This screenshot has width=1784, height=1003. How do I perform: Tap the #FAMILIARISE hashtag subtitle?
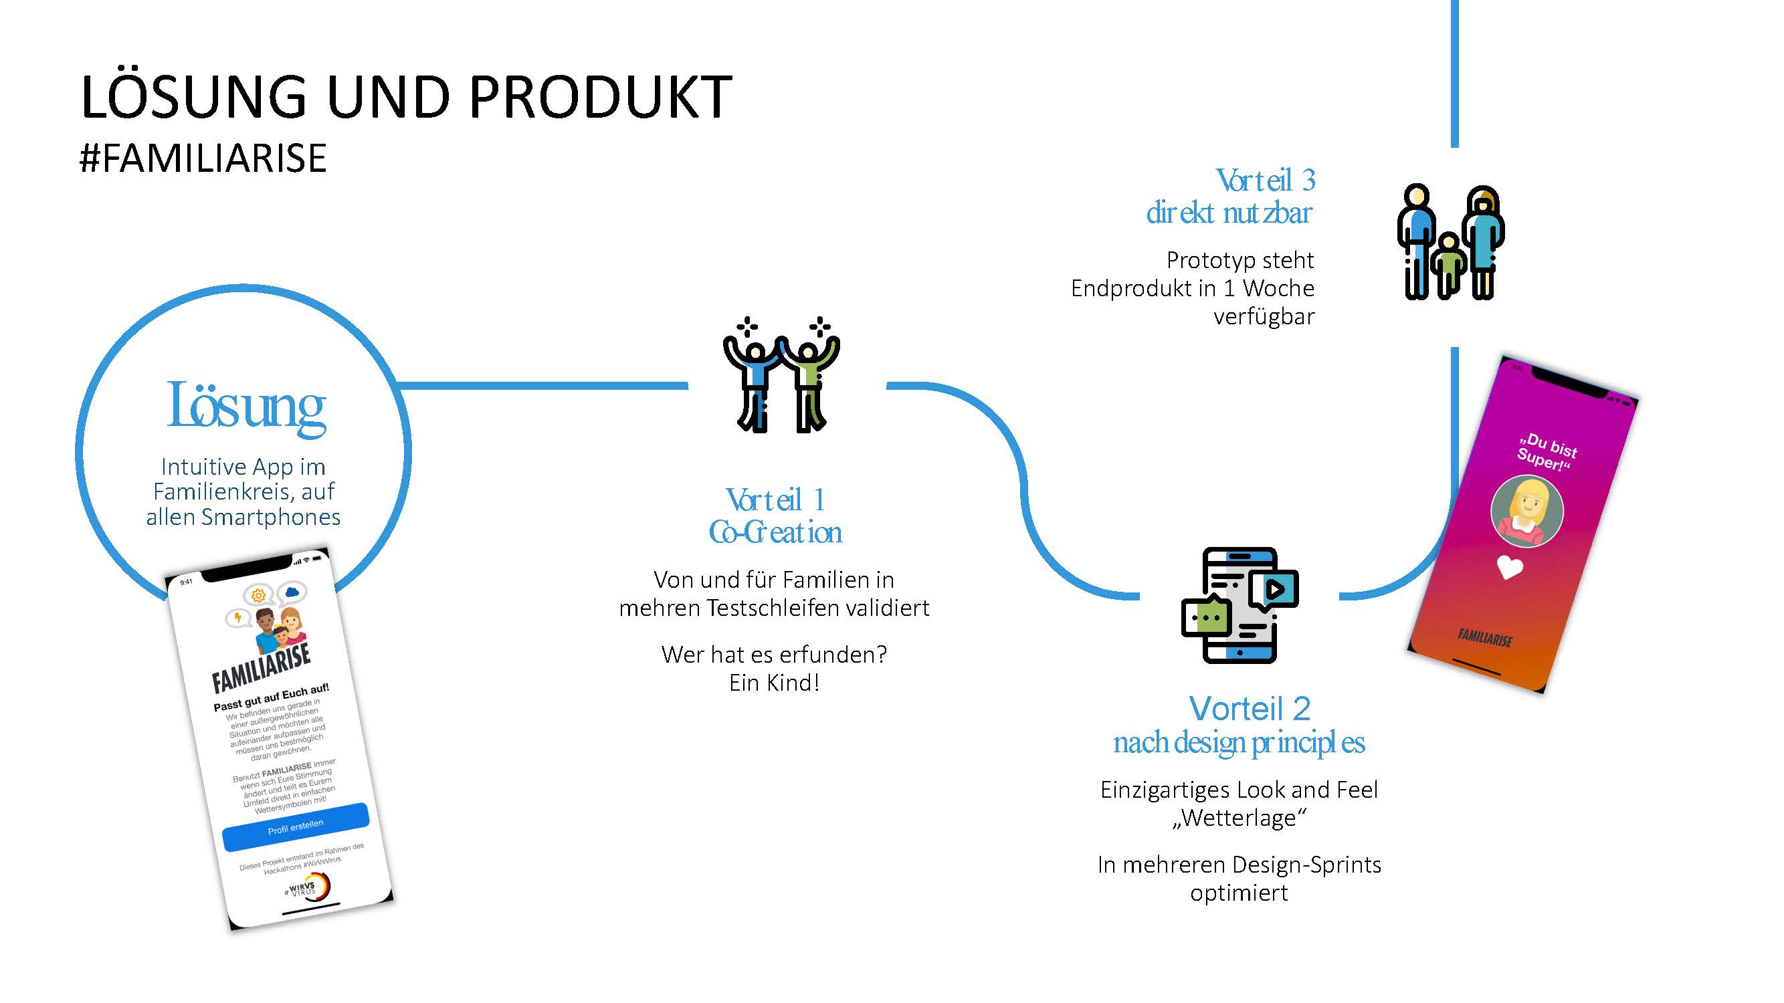pos(203,158)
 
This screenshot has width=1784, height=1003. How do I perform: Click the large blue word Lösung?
pos(246,407)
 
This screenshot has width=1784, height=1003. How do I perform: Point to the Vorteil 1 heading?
pos(775,499)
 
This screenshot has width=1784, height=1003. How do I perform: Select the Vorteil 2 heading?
pos(1250,709)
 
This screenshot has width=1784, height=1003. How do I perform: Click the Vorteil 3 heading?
pos(1265,181)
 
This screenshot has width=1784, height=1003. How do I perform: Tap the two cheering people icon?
pos(781,375)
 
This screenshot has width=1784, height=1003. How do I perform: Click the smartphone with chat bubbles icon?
pos(1239,605)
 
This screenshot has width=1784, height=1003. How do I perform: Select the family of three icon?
pos(1450,242)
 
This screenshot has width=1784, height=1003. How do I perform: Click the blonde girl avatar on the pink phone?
pos(1526,511)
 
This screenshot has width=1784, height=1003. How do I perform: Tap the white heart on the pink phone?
pos(1509,568)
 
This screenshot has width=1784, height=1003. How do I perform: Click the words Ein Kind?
pos(774,683)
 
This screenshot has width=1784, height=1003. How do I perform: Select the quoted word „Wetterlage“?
pos(1239,818)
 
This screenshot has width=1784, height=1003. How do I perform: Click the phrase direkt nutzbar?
pos(1229,213)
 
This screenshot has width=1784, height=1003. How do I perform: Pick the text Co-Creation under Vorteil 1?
pos(775,532)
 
